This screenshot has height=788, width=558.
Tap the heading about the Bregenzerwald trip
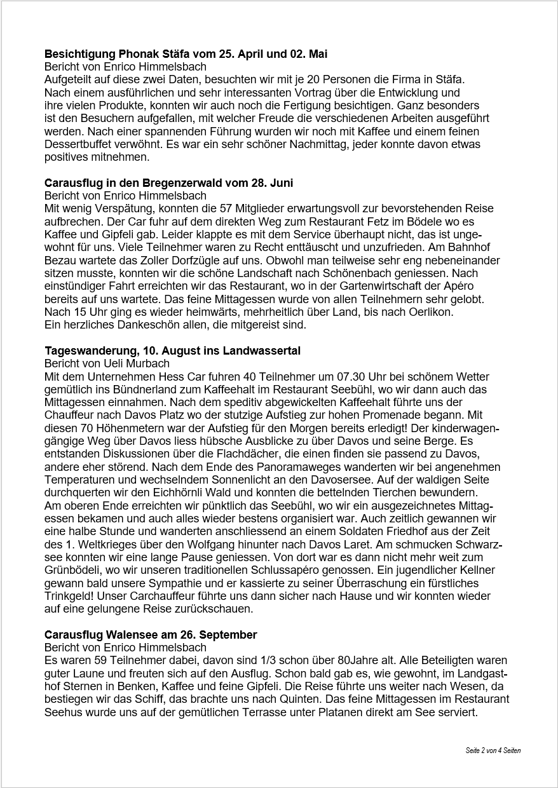point(168,183)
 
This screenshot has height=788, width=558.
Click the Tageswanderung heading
point(172,351)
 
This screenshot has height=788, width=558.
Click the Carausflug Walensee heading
point(151,635)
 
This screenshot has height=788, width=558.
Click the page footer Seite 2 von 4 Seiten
point(493,751)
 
